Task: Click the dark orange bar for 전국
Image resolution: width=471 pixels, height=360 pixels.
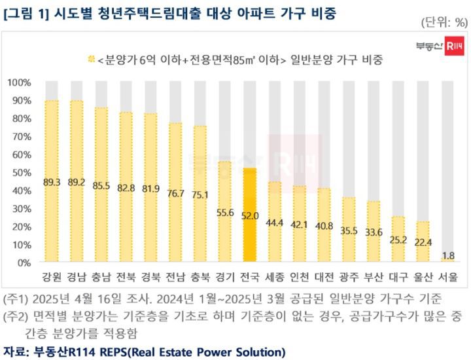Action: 249,216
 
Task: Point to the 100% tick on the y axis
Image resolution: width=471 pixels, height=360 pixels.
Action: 20,83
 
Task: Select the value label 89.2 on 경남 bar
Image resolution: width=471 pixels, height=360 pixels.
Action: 76,182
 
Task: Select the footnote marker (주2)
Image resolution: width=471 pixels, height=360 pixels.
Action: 15,317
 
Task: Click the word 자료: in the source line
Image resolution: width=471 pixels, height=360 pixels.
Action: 16,352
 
